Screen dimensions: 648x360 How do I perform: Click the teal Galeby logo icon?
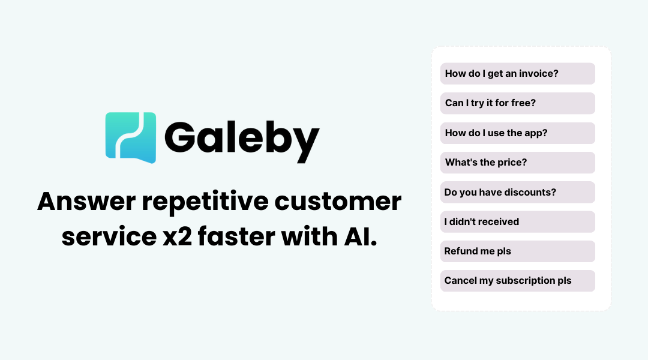(x=131, y=137)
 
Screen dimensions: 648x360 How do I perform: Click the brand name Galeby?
(x=242, y=142)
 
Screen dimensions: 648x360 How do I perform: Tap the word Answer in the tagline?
(x=86, y=201)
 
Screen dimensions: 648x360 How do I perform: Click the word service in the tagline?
(x=109, y=237)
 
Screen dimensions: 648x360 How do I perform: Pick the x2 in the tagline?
(x=177, y=238)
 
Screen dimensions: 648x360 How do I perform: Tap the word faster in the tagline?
(x=236, y=236)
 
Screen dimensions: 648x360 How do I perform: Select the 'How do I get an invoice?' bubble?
(x=517, y=74)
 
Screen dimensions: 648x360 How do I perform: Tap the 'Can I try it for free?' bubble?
(x=517, y=103)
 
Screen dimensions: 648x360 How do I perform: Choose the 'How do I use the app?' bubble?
(x=517, y=133)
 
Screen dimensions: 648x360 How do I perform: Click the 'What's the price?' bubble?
(x=517, y=163)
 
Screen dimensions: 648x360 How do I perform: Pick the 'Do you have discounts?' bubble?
(x=517, y=192)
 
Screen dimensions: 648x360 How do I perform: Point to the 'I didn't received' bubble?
(x=517, y=222)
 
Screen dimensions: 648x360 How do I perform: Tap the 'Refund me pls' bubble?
(x=517, y=251)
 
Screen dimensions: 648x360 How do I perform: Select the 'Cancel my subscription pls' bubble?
(x=517, y=281)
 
